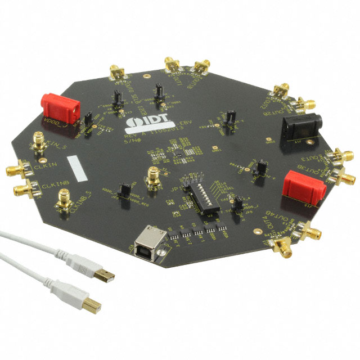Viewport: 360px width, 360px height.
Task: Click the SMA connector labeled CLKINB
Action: tap(21, 188)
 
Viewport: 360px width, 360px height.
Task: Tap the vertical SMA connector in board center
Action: tap(153, 177)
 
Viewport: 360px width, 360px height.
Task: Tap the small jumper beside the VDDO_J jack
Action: tap(89, 119)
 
